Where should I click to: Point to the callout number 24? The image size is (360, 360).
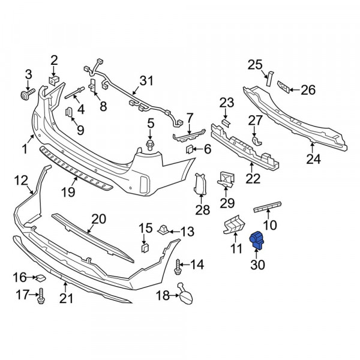(313, 159)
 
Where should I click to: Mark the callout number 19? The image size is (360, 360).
(68, 192)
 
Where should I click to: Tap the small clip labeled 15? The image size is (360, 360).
(145, 247)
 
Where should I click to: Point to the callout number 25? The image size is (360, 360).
(255, 65)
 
